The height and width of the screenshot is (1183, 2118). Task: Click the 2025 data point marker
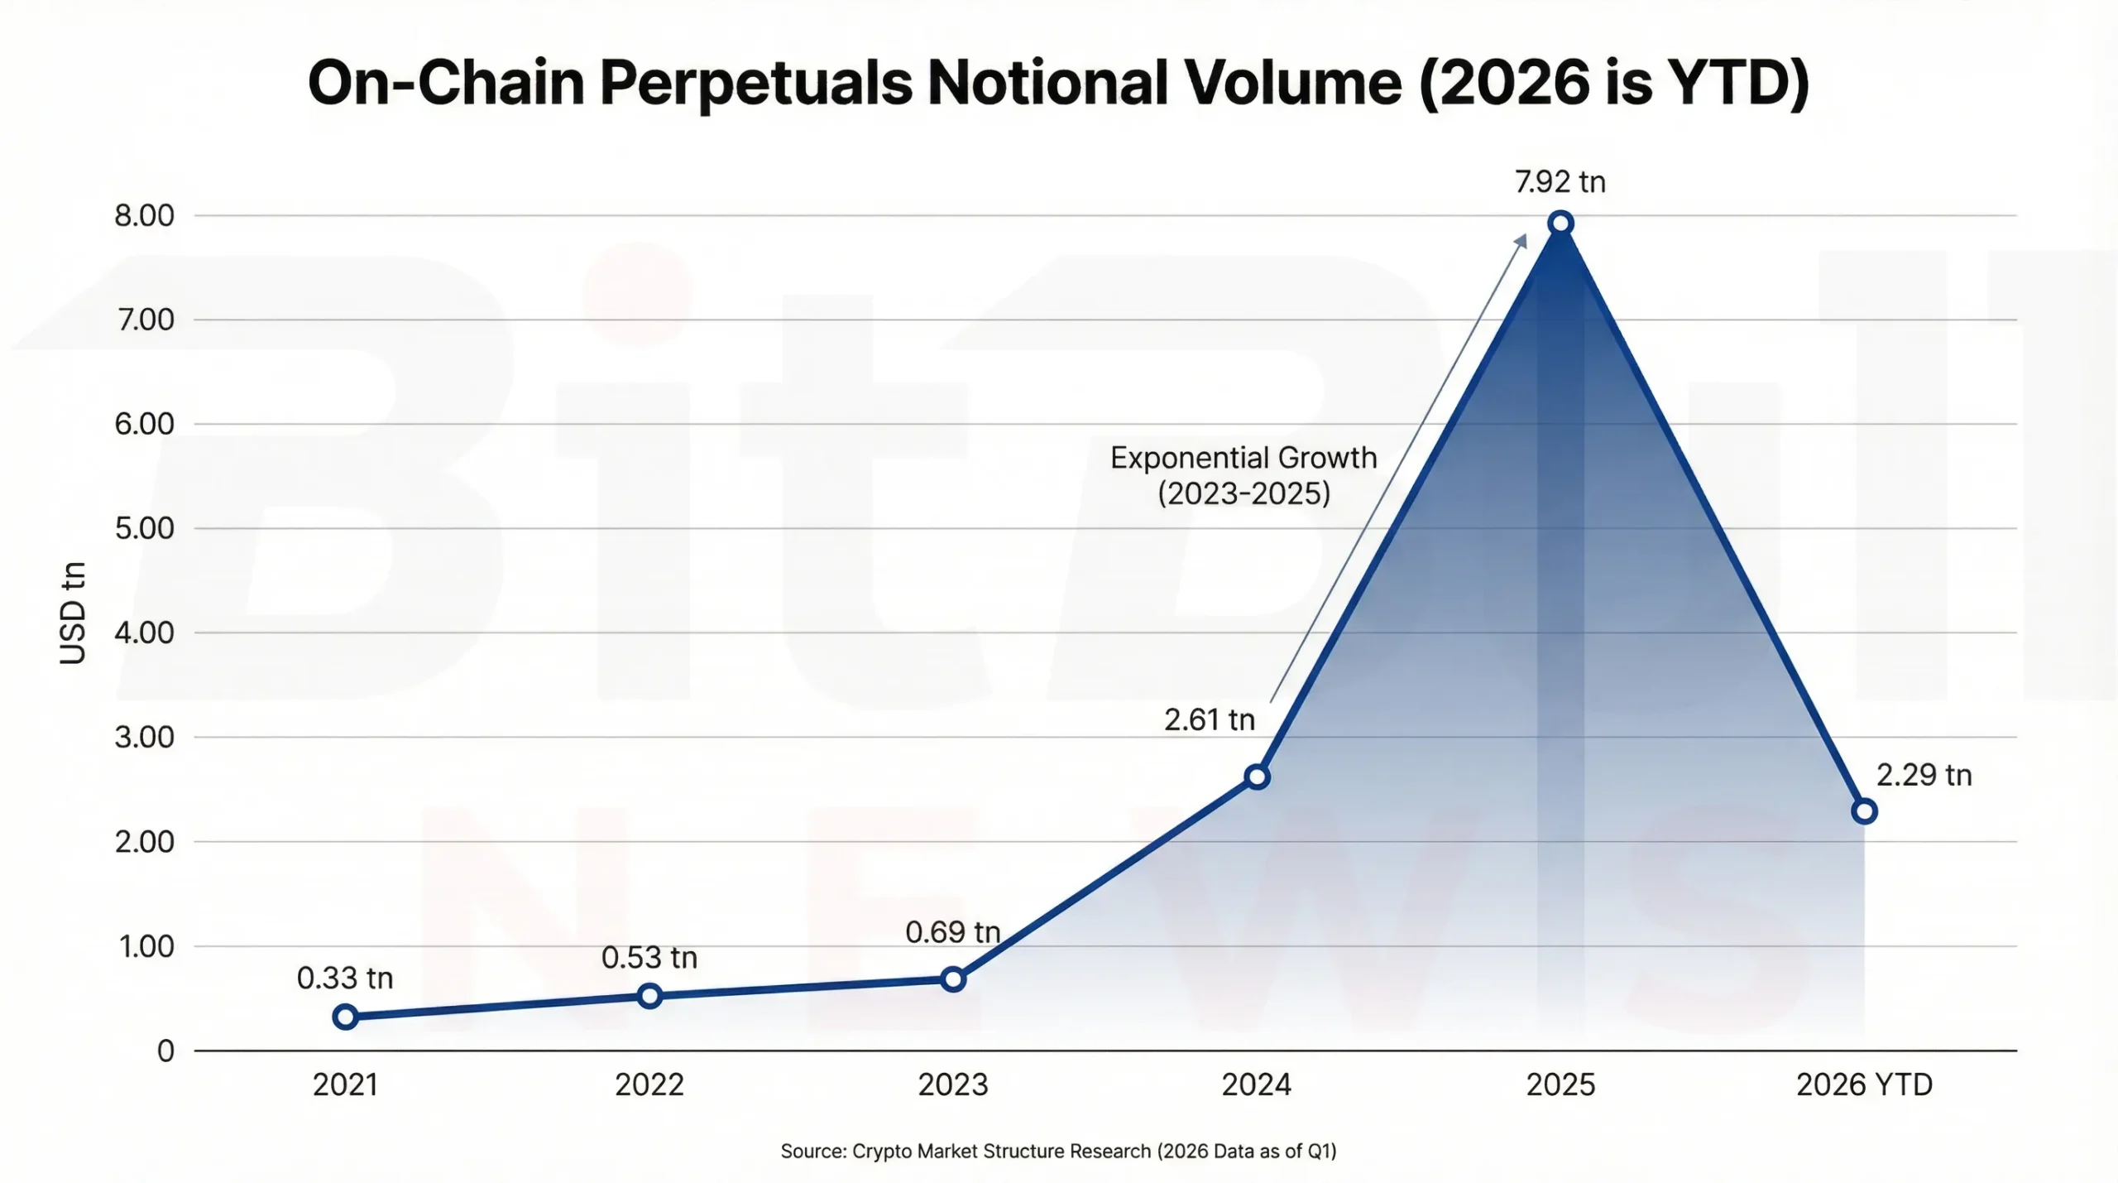click(x=1560, y=223)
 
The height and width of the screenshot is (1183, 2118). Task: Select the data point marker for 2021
click(x=346, y=1017)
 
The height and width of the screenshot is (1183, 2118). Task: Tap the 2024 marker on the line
click(x=1257, y=777)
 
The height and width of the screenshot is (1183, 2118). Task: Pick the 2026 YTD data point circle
click(x=1864, y=811)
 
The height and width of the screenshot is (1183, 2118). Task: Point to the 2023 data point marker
click(x=953, y=979)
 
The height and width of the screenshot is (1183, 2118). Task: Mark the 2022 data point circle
click(x=649, y=995)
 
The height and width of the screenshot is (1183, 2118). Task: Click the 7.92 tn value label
click(x=1560, y=182)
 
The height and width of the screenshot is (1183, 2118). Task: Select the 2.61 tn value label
click(x=1209, y=720)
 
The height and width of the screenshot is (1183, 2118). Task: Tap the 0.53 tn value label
click(x=649, y=958)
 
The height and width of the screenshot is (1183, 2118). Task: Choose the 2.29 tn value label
click(x=1924, y=775)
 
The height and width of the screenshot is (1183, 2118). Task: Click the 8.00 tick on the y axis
click(x=145, y=216)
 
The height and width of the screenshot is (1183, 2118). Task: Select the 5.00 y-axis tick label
click(x=145, y=528)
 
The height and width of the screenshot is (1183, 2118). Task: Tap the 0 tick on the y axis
click(x=165, y=1051)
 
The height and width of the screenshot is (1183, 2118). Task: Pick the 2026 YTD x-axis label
click(x=1864, y=1084)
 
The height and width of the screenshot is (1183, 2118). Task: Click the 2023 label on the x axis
click(x=953, y=1084)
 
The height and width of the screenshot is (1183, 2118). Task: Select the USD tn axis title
click(x=73, y=613)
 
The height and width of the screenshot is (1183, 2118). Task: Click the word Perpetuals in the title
click(x=756, y=83)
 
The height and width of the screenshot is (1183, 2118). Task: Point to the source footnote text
click(x=1058, y=1152)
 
